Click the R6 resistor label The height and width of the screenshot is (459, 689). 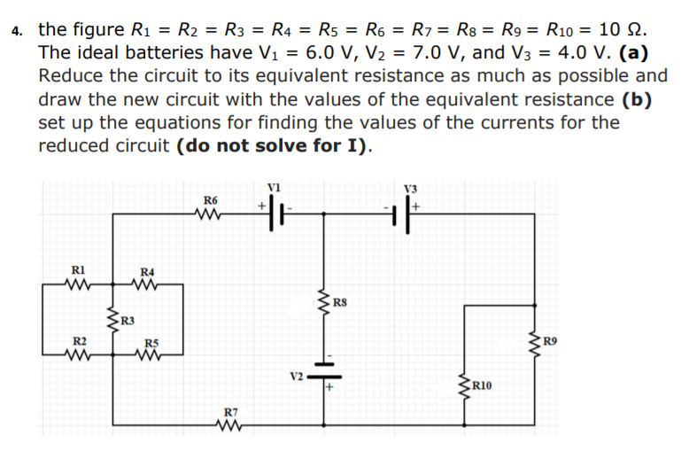coord(210,200)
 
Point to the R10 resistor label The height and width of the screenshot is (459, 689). coord(484,385)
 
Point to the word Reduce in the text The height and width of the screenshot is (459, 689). coord(73,76)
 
